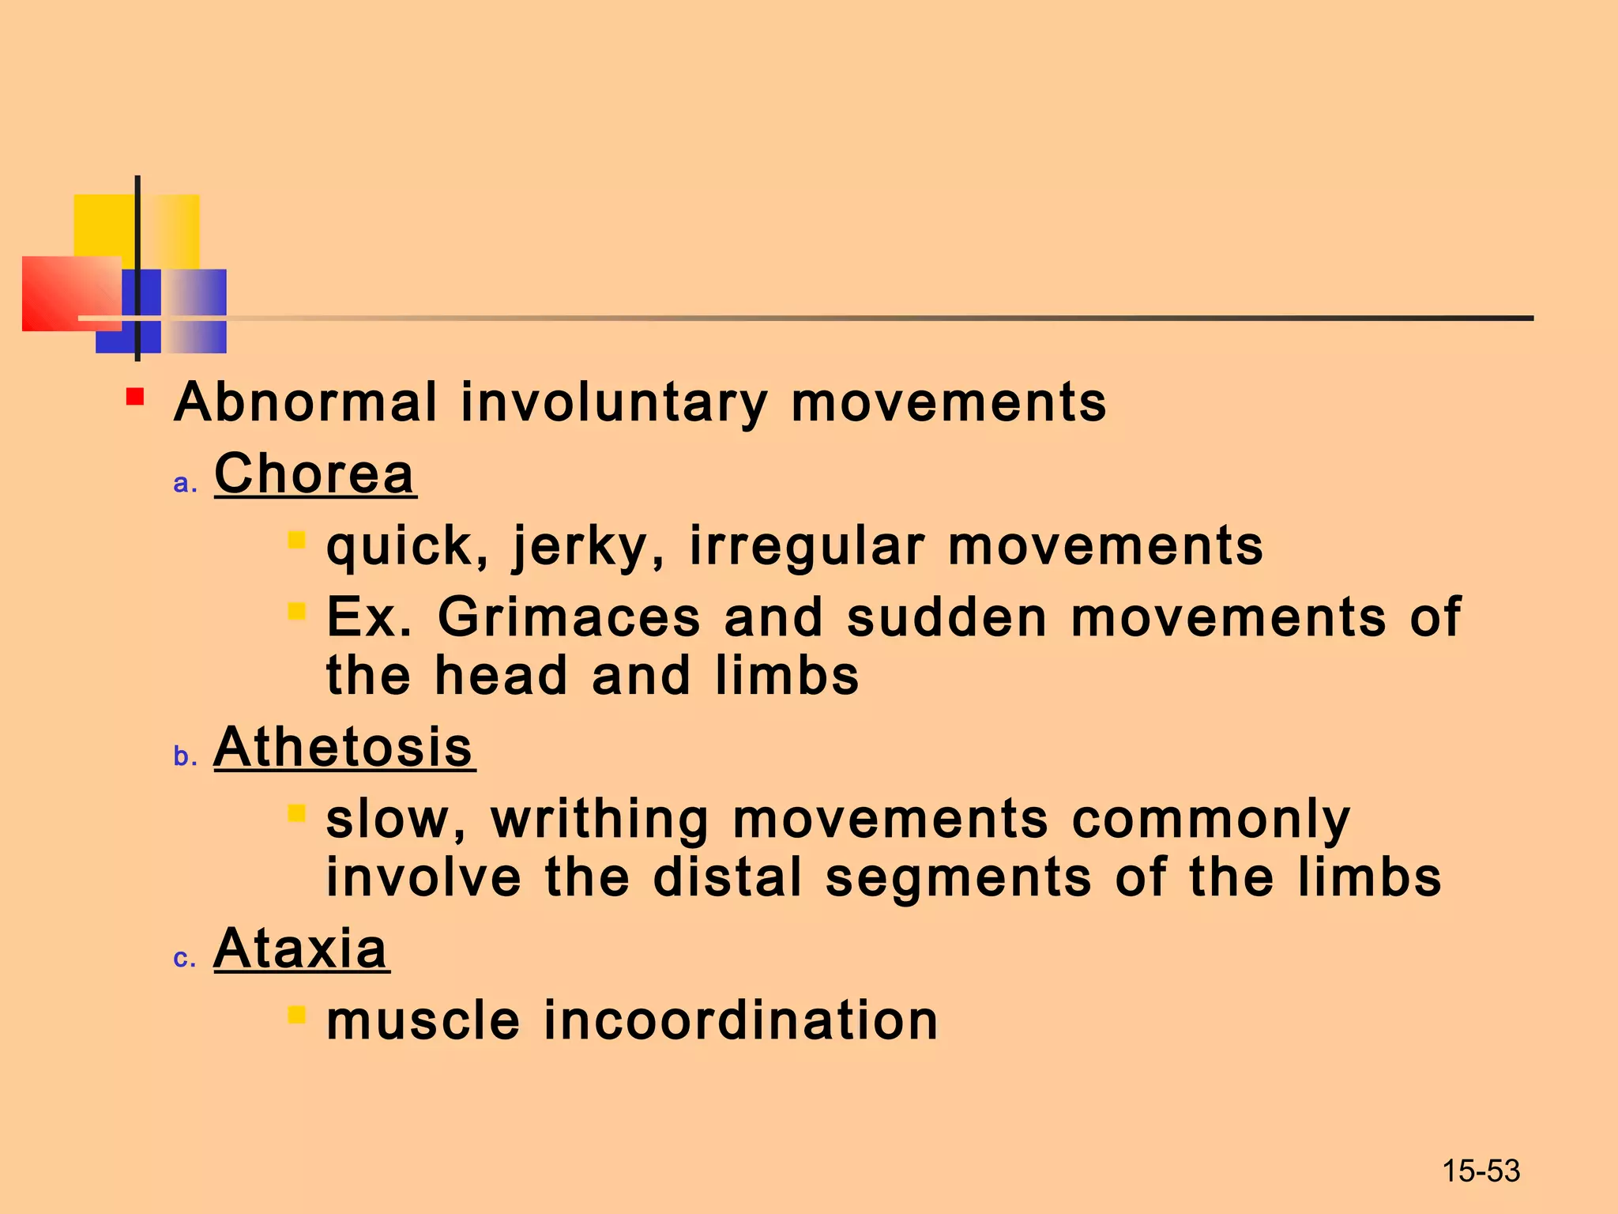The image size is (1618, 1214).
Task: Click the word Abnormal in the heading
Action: coord(305,402)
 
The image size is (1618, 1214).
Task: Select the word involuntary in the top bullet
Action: coord(614,402)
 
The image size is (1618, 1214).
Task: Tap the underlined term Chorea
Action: coord(314,473)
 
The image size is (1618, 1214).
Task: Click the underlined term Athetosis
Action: coord(344,747)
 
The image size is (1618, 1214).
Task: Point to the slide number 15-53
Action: coord(1481,1171)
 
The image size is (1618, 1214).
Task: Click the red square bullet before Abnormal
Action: coord(135,396)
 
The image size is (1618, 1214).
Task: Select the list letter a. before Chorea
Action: coord(185,483)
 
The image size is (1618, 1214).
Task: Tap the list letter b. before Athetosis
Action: coord(185,756)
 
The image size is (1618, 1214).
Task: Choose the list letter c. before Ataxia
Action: coord(184,958)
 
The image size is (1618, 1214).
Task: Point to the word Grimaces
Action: coord(569,617)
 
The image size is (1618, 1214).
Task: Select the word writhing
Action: coord(600,819)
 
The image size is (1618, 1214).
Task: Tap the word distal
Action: coord(727,878)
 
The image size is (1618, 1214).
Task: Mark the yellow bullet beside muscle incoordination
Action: coord(297,1015)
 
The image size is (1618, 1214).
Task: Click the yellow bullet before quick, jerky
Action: coord(297,541)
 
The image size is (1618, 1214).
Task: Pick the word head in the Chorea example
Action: coord(501,677)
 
